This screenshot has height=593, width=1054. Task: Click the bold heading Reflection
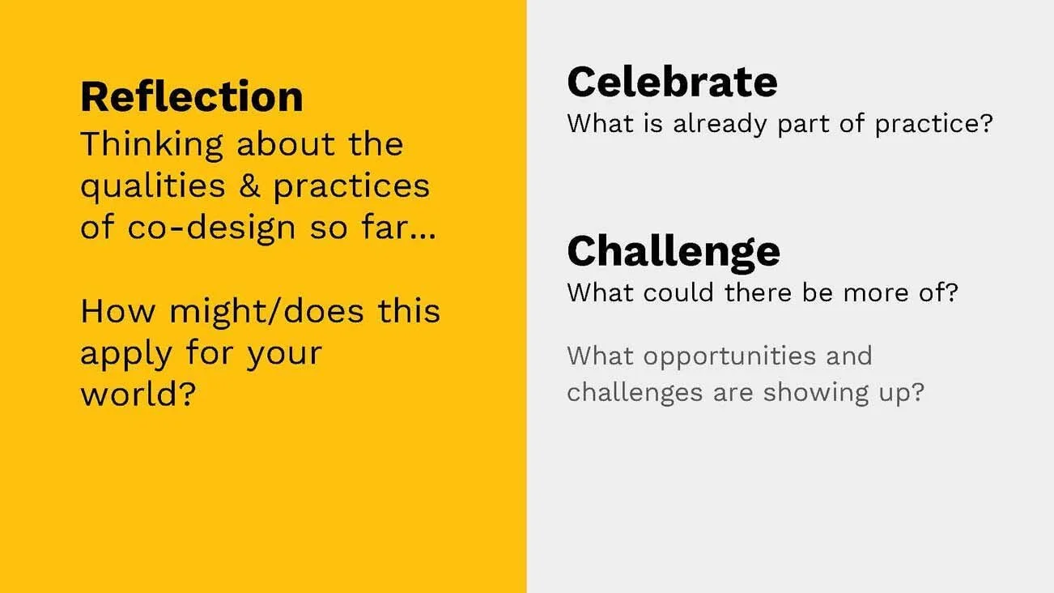[191, 96]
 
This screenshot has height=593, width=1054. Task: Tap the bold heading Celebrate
[672, 82]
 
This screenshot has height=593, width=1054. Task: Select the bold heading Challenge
[674, 250]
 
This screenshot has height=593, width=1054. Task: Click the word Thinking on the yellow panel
[151, 145]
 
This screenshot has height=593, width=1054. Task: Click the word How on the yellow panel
[119, 312]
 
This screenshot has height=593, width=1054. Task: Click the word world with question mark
[138, 395]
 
